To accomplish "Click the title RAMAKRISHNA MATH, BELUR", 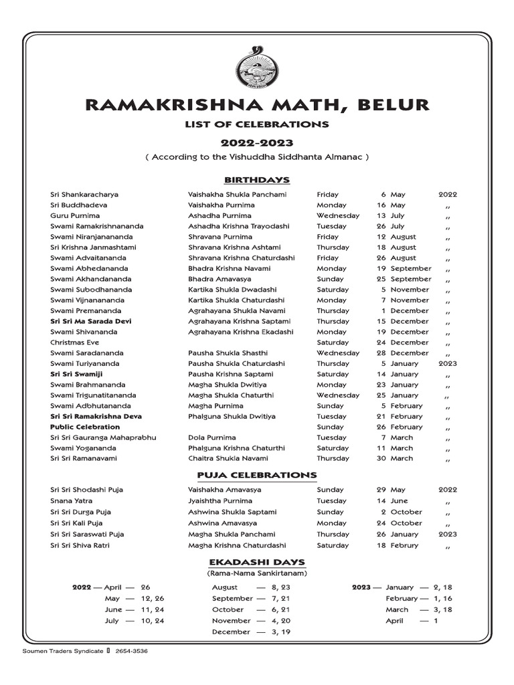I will [x=257, y=105].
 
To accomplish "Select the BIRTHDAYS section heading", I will [x=257, y=180].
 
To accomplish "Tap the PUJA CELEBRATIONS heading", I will [x=257, y=475].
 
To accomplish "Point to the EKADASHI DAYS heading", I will [x=257, y=562].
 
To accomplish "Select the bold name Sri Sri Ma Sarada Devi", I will [x=90, y=321].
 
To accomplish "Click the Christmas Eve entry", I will [x=74, y=342].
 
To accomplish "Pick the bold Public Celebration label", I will [x=85, y=427].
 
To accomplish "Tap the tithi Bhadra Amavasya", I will [x=222, y=279].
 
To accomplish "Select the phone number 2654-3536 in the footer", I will [x=132, y=651].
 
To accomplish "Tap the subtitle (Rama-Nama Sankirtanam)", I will [x=257, y=573].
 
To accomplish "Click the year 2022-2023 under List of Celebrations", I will [x=257, y=143].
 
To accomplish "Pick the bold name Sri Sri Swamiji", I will [x=76, y=374].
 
